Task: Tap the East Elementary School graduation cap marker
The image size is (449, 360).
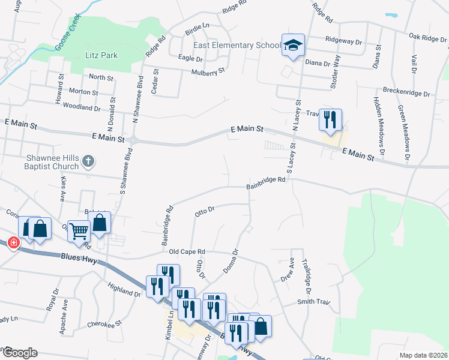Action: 293,46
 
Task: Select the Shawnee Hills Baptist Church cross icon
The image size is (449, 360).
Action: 88,160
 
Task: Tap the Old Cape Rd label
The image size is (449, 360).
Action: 187,251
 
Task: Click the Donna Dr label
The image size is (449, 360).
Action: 231,262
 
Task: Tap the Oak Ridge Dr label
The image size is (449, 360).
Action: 427,37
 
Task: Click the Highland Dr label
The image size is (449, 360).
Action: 125,291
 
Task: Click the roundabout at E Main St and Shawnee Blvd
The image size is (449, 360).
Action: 133,141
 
